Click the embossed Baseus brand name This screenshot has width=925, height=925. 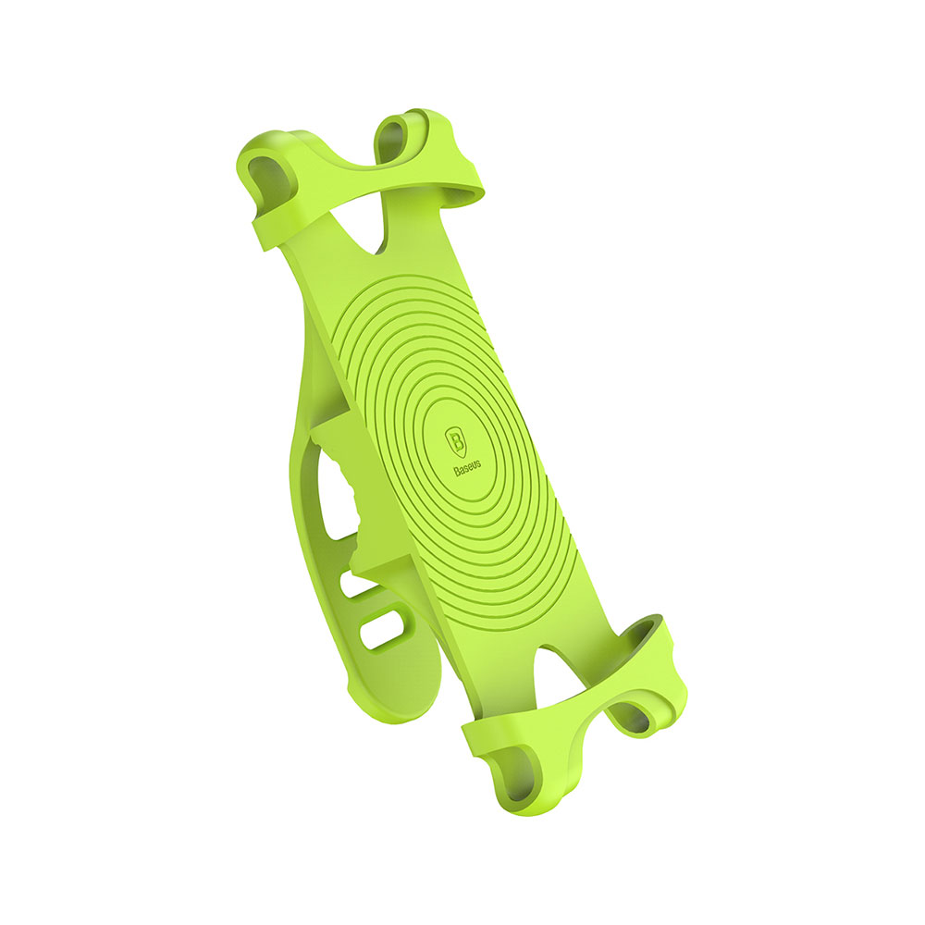click(x=467, y=467)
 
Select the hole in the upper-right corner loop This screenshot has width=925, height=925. click(x=392, y=141)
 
